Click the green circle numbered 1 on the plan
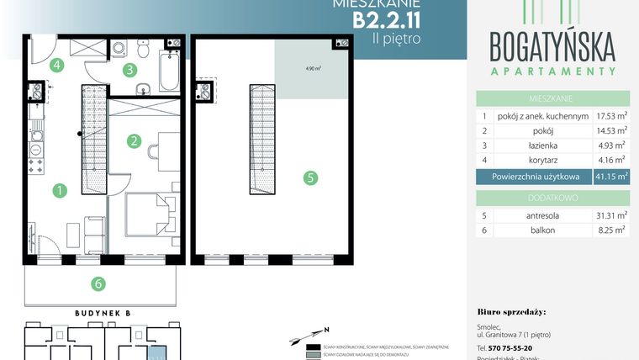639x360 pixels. [59, 191]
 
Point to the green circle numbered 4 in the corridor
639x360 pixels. [56, 65]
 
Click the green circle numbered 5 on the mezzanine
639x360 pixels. [311, 177]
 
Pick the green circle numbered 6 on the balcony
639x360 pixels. [98, 283]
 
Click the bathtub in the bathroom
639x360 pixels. [171, 71]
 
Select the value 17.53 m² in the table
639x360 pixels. [610, 115]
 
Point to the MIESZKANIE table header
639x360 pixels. [552, 97]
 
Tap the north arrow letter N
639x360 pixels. [326, 329]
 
